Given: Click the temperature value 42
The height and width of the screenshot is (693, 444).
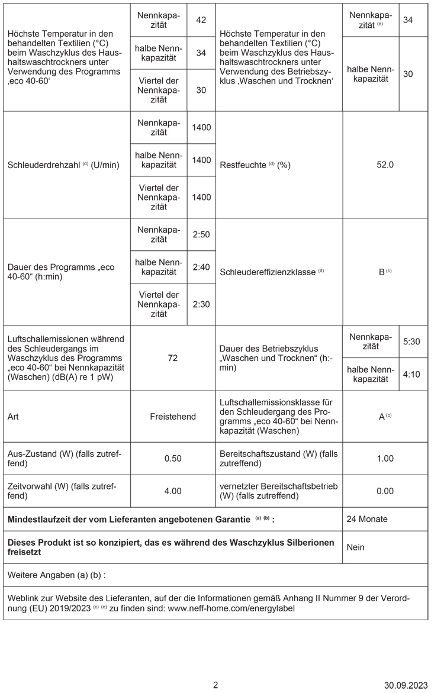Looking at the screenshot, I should coord(201,21).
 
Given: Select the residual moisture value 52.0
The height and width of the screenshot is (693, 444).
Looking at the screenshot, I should coord(385,165).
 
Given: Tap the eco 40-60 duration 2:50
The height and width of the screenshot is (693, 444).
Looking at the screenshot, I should coord(201,235).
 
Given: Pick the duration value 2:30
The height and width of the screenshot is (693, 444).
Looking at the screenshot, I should coord(201,304).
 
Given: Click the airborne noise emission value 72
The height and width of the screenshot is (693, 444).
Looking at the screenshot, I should coord(173,358).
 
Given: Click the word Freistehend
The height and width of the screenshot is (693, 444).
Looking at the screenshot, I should coord(173,417).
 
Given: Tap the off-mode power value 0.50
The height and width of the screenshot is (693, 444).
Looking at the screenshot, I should coord(173,458).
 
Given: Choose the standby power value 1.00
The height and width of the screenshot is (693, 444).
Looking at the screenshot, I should coord(385,458).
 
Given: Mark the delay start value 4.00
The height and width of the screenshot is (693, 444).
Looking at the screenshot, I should coord(173,491).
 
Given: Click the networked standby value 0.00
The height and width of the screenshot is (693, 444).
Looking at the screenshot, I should coord(385,491).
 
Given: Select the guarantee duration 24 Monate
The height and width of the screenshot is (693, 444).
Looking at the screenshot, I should coord(368,519).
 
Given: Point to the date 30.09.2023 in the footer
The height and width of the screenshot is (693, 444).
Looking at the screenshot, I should coord(405,685).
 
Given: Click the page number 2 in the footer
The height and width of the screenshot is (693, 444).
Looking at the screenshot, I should coord(215,685).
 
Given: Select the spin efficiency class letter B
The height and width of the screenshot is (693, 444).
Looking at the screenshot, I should coord(382,273).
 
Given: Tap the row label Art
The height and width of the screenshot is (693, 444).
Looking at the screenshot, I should coord(12,417).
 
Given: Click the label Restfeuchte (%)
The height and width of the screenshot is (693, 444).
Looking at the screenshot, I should coord(255,166).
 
